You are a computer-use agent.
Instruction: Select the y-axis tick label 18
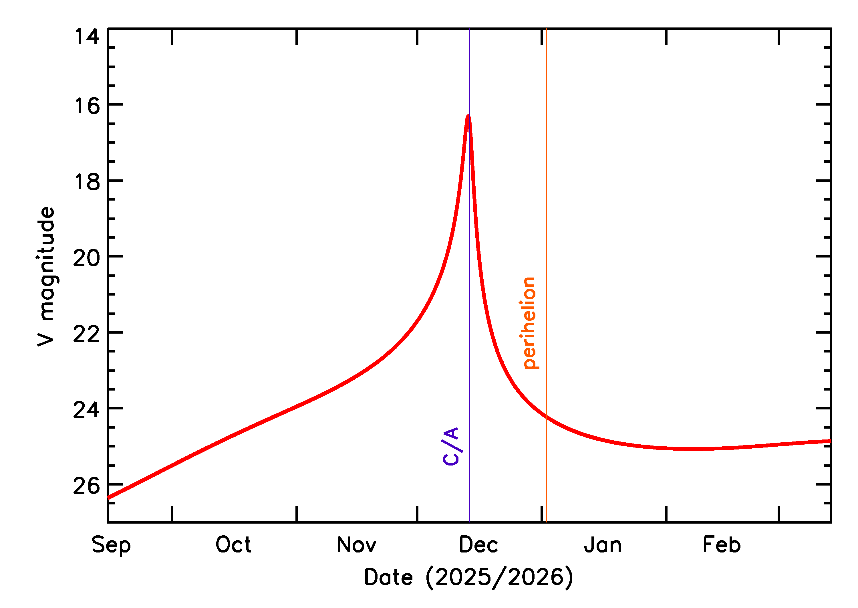[87, 182]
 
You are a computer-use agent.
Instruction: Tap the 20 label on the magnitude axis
[87, 258]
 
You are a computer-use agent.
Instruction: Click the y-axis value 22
[87, 334]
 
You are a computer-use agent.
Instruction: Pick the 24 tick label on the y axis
[87, 410]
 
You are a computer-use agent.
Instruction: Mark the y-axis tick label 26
[87, 486]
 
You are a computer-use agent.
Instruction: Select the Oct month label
[233, 545]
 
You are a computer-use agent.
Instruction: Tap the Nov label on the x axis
[356, 545]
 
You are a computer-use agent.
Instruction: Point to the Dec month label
[478, 545]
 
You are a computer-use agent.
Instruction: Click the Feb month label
[721, 545]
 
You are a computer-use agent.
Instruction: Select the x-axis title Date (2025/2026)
[468, 577]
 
